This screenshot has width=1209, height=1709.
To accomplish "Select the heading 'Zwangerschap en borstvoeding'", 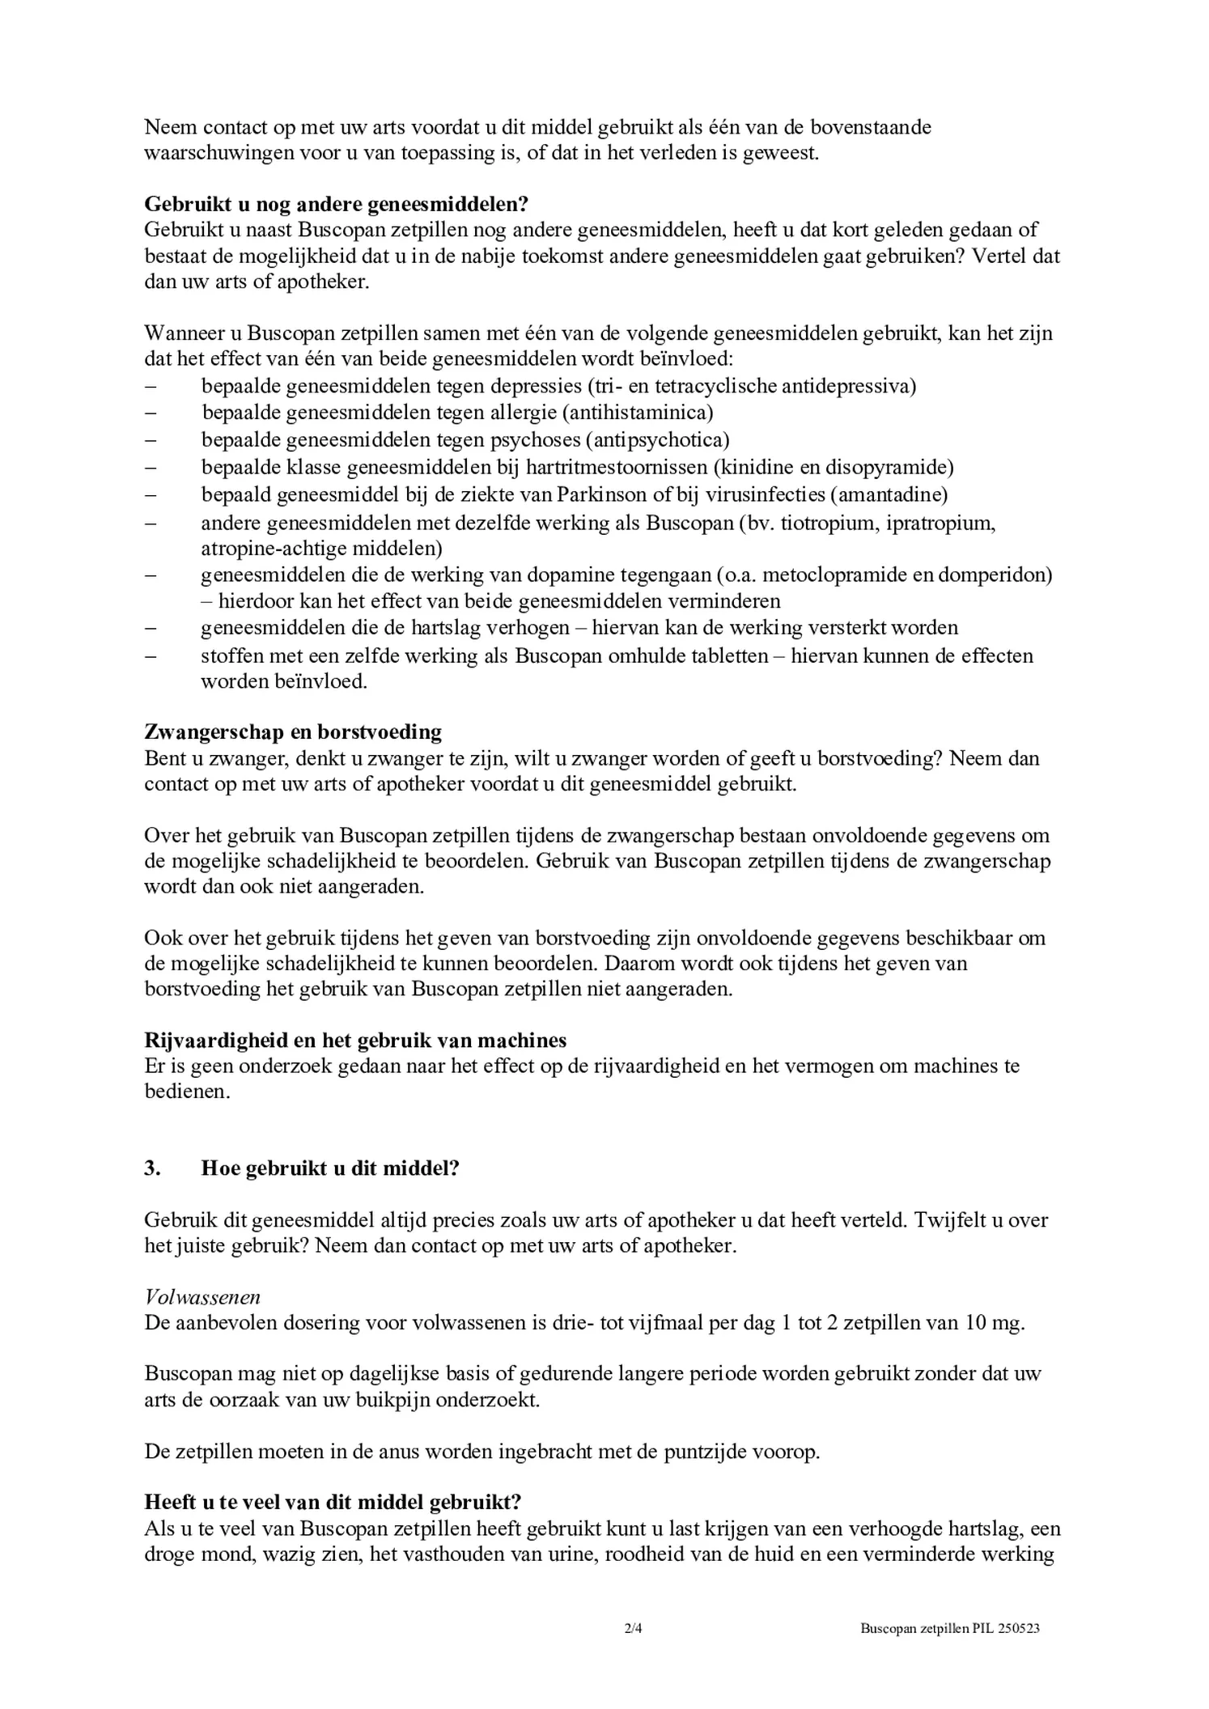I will pos(293,732).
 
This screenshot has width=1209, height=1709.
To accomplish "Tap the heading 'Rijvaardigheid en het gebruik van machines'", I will pos(355,1040).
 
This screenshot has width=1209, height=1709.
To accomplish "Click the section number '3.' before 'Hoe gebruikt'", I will pos(152,1169).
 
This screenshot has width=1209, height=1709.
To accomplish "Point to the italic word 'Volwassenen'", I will pos(202,1297).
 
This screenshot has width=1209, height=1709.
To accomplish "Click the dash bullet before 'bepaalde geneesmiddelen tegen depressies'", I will pos(150,387).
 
